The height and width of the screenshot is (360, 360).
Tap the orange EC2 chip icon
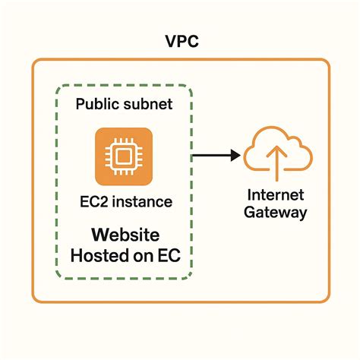(123, 156)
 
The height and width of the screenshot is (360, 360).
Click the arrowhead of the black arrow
(233, 156)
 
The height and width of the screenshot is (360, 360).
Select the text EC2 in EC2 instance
(90, 203)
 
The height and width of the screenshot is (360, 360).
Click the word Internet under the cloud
(275, 194)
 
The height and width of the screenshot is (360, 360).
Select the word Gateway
(275, 213)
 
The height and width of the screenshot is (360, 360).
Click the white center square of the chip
(123, 156)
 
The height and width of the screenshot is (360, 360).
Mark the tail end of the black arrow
(193, 156)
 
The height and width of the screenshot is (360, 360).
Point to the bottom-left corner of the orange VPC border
(33, 301)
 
